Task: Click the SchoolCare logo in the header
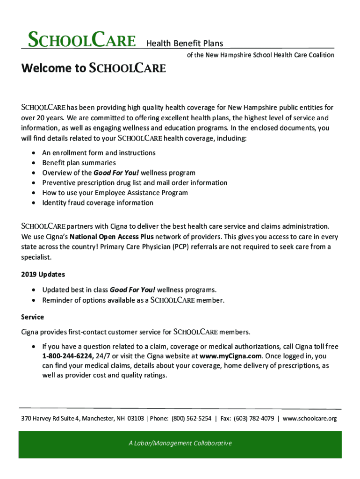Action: (x=82, y=40)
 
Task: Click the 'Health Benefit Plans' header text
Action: (x=185, y=44)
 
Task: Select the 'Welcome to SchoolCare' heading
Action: (x=94, y=69)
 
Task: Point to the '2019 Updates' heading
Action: (x=43, y=274)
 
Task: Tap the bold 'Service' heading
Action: (x=33, y=317)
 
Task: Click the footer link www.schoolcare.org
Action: (x=310, y=418)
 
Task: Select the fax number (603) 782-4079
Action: (x=254, y=418)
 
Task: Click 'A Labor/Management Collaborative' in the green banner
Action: (x=180, y=443)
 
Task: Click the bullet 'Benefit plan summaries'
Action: (x=79, y=163)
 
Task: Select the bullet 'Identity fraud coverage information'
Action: (x=98, y=203)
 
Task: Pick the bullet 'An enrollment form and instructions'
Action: (x=99, y=152)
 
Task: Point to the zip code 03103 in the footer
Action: (x=136, y=418)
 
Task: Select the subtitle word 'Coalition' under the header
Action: (x=320, y=55)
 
